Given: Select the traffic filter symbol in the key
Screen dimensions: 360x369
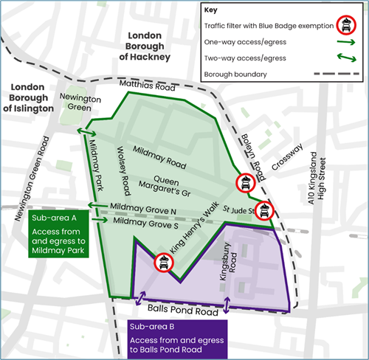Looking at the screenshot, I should click(x=344, y=26).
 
